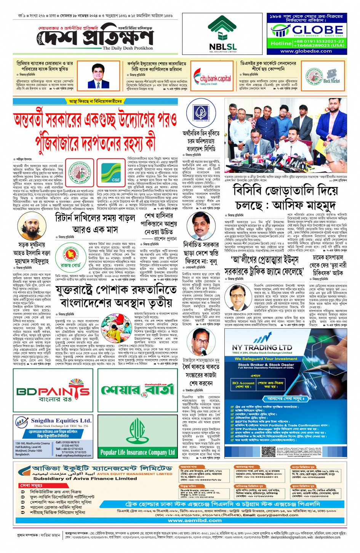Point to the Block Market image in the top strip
point(331,77)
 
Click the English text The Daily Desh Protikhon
point(128,48)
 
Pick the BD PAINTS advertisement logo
point(53,391)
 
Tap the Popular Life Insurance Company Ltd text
point(137,452)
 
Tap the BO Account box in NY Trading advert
point(243,384)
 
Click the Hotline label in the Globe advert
point(281,43)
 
